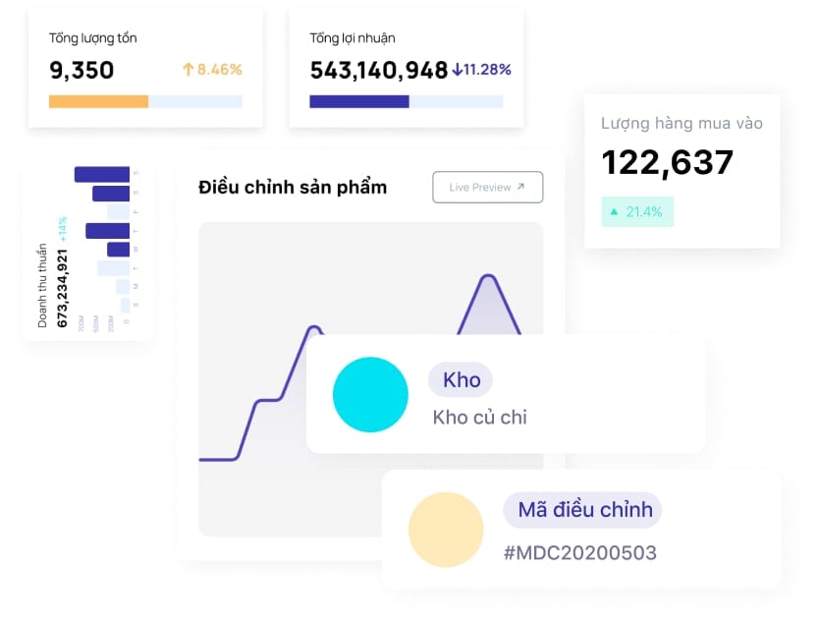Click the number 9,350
pos(82,70)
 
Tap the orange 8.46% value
pos(212,70)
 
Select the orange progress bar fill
pos(98,101)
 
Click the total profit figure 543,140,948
pos(378,70)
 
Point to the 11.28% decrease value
pos(481,70)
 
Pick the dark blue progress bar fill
pos(358,101)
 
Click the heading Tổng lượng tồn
pos(93,38)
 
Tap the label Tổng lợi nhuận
pos(353,38)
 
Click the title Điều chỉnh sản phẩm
pos(293,187)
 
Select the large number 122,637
pos(667,162)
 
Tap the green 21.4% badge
pos(637,211)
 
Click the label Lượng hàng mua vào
pos(682,124)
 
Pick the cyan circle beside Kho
pos(370,395)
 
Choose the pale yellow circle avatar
pos(446,530)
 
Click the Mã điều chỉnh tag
pos(583,510)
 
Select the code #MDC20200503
pos(579,553)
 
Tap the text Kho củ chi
pos(479,418)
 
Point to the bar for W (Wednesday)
pos(119,250)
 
